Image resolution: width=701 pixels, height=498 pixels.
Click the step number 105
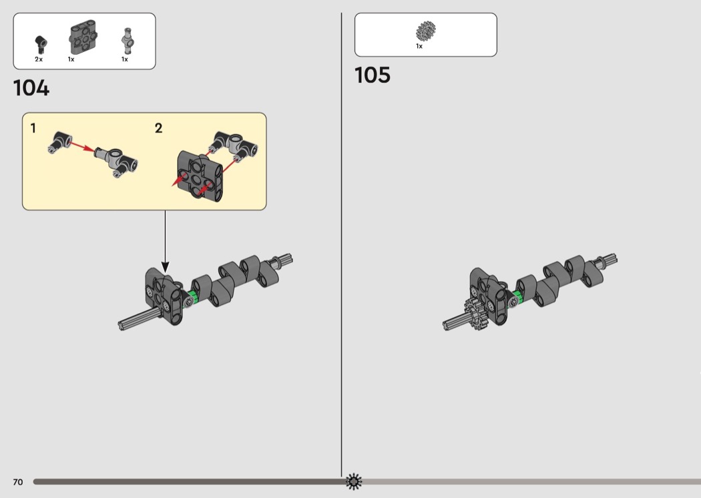[373, 75]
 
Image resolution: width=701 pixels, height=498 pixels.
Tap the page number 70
[18, 482]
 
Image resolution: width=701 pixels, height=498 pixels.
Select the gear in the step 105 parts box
[426, 31]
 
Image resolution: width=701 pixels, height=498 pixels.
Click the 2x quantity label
[39, 59]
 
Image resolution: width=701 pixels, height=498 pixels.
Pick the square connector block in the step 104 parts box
[83, 37]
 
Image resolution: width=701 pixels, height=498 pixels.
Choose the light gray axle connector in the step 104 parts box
[127, 41]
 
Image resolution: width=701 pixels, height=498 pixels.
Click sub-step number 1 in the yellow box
[33, 128]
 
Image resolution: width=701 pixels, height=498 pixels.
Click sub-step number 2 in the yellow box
[158, 128]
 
